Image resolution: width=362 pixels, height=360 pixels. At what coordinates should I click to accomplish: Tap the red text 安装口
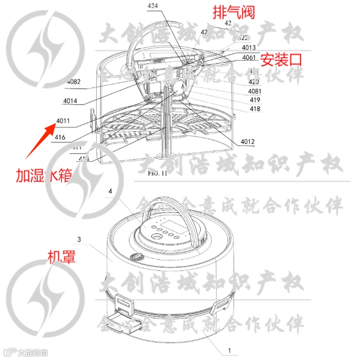[280, 60]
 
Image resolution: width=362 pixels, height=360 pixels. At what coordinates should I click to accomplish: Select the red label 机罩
[61, 256]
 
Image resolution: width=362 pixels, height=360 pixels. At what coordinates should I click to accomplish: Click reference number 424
[153, 6]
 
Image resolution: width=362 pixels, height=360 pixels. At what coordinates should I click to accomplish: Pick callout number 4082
[74, 81]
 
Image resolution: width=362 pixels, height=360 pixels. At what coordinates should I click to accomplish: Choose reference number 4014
[68, 101]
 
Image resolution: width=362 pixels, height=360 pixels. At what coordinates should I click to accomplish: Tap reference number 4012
[247, 142]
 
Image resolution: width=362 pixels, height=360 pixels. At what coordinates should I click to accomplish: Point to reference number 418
[254, 109]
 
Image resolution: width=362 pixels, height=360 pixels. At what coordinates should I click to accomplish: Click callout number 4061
[248, 57]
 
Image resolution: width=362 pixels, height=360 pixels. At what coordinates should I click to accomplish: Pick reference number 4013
[249, 49]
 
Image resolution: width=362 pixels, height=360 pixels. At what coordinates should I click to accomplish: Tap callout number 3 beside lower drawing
[79, 239]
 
